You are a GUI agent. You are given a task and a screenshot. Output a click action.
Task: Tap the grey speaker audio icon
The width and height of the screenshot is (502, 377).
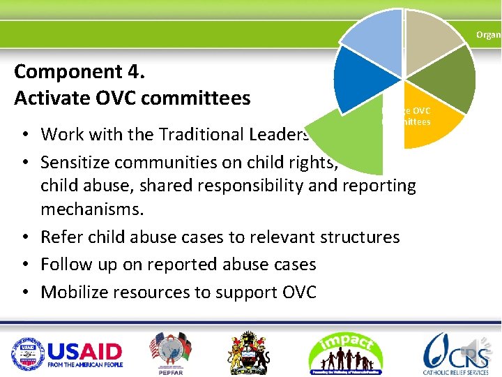click(484, 347)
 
